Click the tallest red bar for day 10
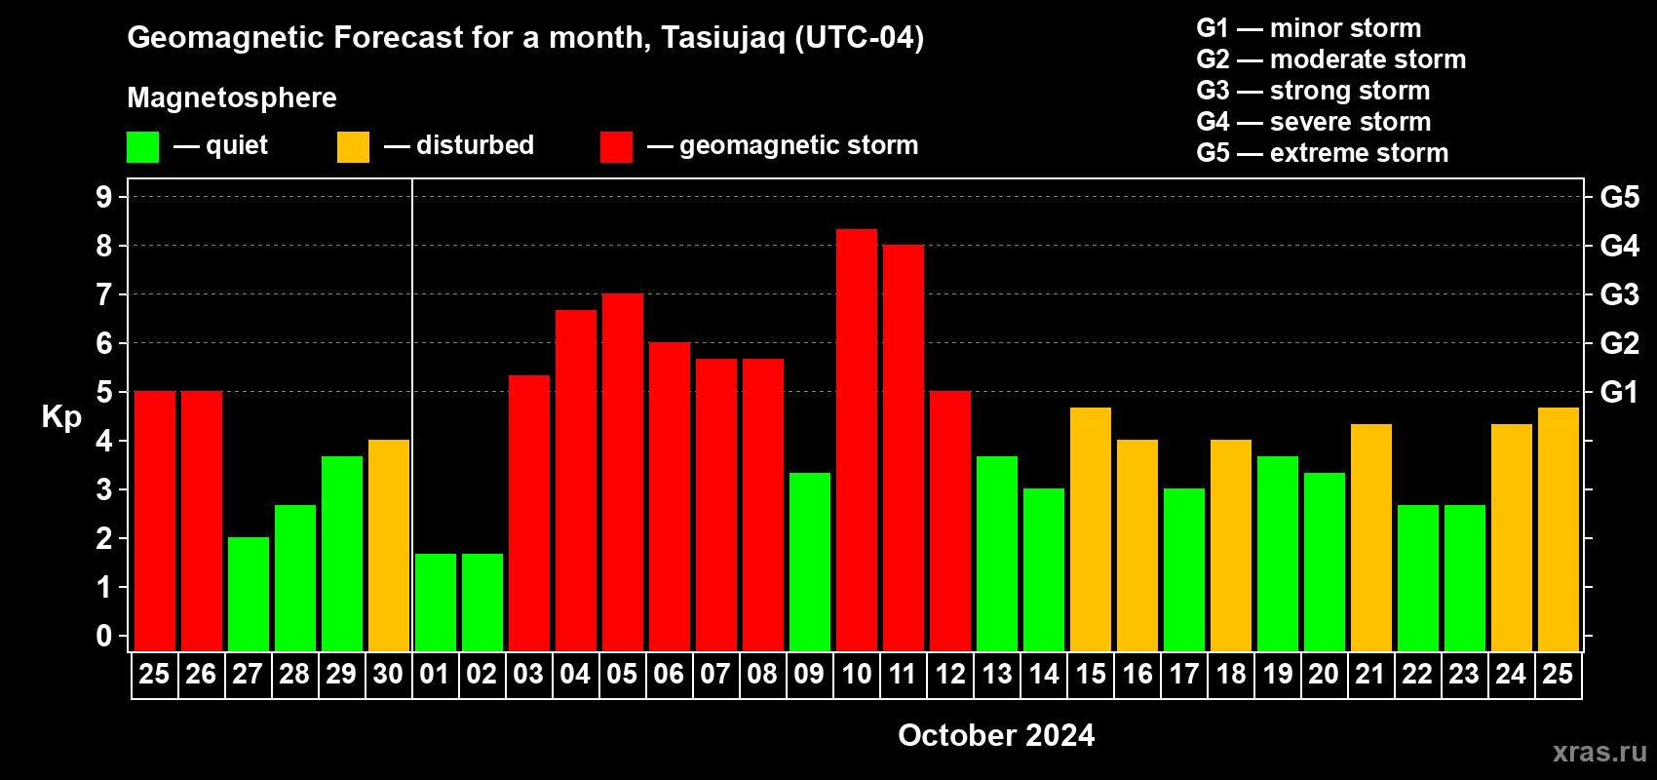[x=857, y=440]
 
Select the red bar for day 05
[x=623, y=472]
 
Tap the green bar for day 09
[x=810, y=562]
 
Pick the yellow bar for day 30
[x=389, y=545]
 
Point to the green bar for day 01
[x=436, y=603]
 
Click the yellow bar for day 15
[x=1091, y=529]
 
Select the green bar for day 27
[x=249, y=594]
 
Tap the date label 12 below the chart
[x=949, y=674]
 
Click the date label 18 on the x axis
[x=1231, y=674]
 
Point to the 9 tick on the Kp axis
[x=103, y=197]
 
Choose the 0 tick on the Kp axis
[x=103, y=636]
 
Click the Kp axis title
[x=61, y=417]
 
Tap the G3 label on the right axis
[x=1620, y=294]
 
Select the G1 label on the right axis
[x=1620, y=392]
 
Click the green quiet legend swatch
[x=142, y=146]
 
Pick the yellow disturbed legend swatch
[x=353, y=146]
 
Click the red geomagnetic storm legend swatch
[x=616, y=146]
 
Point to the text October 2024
[x=996, y=735]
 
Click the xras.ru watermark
[x=1599, y=752]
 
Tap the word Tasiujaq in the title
[x=722, y=38]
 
